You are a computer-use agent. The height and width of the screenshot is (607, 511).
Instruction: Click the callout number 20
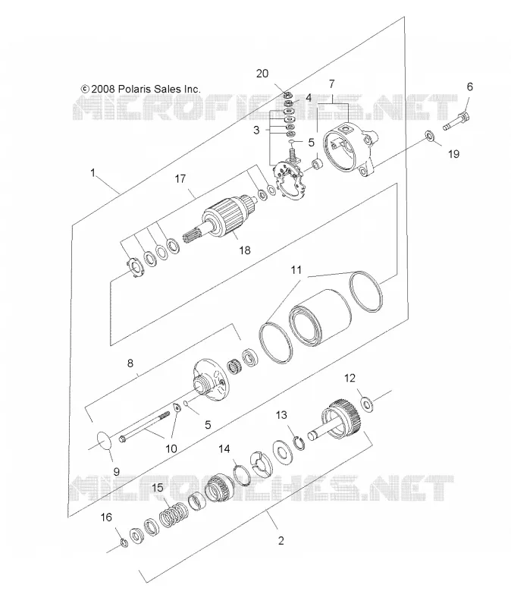click(262, 74)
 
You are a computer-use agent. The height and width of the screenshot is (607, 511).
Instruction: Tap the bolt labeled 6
click(456, 121)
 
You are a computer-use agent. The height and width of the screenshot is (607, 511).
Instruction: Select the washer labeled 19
click(429, 136)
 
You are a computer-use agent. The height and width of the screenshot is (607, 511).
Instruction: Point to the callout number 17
click(180, 179)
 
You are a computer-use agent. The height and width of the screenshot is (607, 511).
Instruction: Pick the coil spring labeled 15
click(174, 514)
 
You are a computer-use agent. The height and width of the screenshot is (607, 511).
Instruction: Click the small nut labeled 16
click(124, 543)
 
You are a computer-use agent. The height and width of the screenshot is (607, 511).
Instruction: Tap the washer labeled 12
click(366, 404)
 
